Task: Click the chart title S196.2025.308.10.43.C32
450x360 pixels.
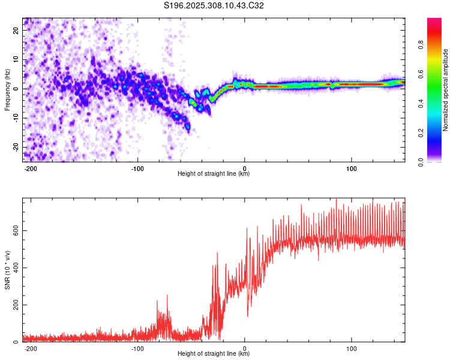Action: point(214,6)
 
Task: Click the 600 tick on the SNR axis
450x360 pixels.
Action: point(14,231)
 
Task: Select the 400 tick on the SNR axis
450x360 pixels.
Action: point(14,268)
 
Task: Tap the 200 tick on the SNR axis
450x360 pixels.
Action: point(14,305)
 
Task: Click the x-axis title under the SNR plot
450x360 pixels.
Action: point(214,355)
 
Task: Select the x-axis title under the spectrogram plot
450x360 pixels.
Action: point(214,175)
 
